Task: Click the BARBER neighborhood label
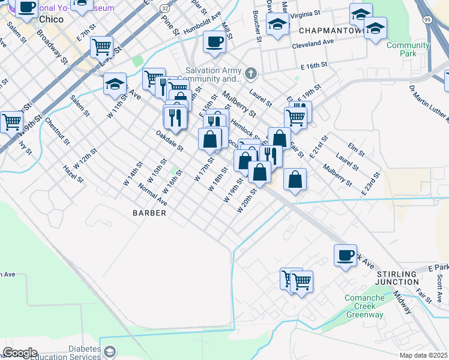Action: (x=149, y=213)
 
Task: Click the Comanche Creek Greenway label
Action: (x=364, y=306)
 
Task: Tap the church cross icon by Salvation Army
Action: (x=251, y=74)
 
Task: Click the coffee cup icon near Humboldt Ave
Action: (x=214, y=41)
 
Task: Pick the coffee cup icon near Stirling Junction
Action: (x=345, y=255)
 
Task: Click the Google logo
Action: (x=20, y=353)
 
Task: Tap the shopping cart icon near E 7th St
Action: (x=101, y=46)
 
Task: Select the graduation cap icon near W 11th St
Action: (x=114, y=84)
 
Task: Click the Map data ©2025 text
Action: (x=424, y=355)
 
